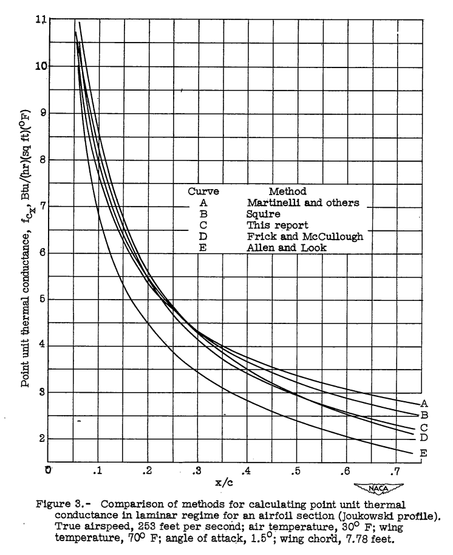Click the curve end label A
tap(424, 403)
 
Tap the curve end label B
tap(424, 415)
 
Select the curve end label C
tap(424, 427)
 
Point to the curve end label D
tap(424, 437)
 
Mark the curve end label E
tap(424, 453)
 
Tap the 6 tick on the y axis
tap(41, 253)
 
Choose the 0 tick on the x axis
tap(48, 470)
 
